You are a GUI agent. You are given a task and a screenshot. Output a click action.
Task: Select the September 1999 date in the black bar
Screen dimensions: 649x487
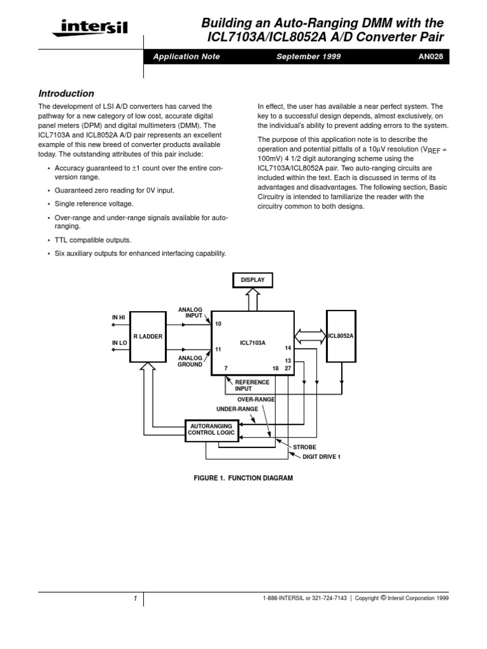[x=309, y=56]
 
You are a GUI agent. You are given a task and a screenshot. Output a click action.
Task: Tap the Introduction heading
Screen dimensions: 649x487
[x=67, y=93]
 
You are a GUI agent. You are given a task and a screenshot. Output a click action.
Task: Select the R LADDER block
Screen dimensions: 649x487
[x=146, y=337]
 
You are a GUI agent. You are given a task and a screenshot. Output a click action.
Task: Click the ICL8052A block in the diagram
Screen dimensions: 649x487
[x=341, y=335]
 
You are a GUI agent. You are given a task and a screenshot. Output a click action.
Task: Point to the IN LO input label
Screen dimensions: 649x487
[x=120, y=343]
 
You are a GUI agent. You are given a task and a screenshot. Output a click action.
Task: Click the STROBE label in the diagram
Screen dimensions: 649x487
[x=304, y=447]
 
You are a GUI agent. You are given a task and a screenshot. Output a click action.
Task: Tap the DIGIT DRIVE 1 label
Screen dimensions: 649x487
[x=316, y=456]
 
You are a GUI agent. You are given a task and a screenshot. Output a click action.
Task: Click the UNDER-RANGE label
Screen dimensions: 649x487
[x=237, y=409]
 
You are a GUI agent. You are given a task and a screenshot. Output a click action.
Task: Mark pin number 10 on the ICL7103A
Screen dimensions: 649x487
[x=218, y=324]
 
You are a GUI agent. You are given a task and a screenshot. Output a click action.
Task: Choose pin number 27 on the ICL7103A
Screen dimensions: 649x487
[x=288, y=368]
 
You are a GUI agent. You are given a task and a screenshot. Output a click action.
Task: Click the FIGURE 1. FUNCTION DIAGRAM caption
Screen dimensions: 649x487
[x=243, y=478]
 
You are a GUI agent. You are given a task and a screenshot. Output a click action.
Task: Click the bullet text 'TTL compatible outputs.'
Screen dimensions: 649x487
[x=93, y=240]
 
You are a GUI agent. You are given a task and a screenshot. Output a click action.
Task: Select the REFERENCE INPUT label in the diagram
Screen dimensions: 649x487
[x=252, y=385]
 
